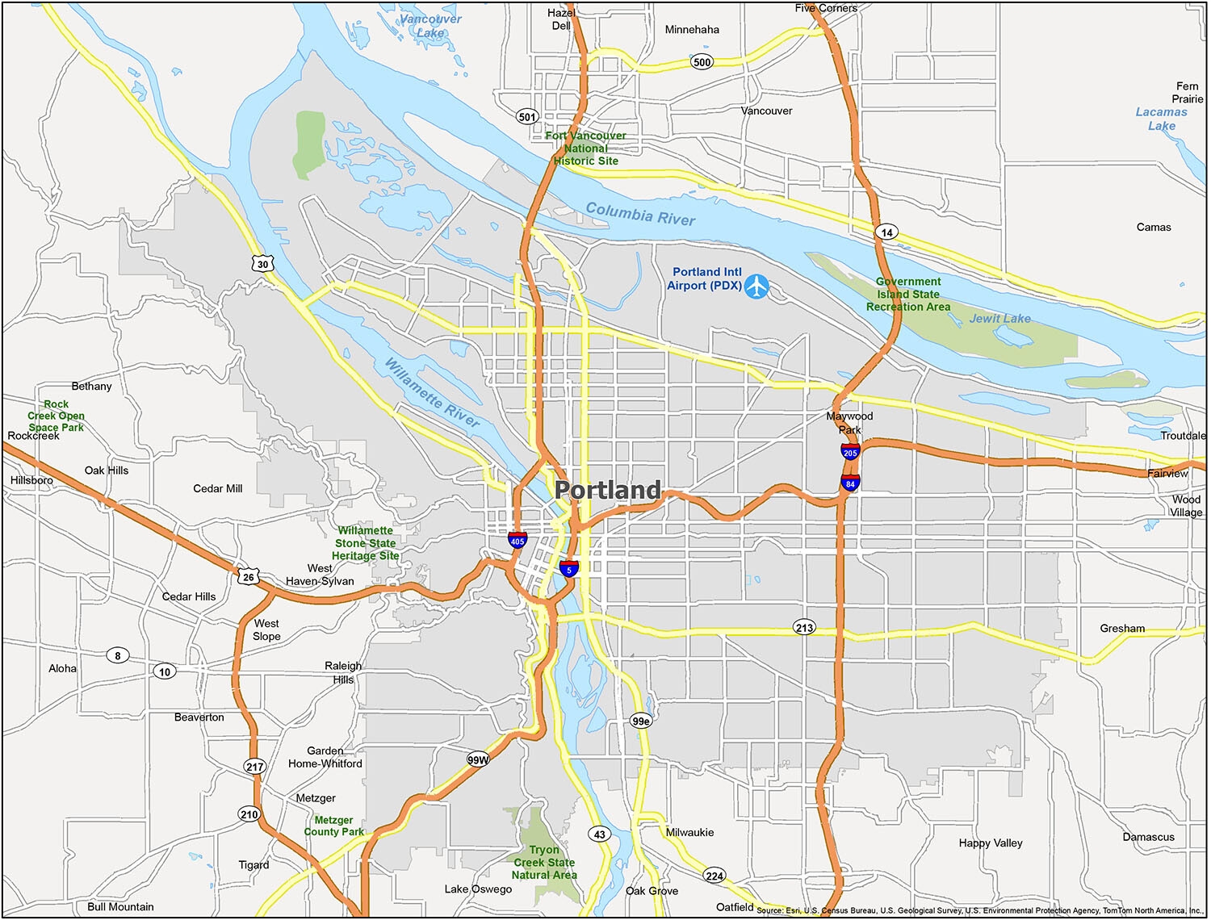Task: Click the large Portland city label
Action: tap(607, 490)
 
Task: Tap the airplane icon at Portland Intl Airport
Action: tap(756, 286)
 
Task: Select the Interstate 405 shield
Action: tap(518, 540)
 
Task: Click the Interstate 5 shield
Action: tap(569, 568)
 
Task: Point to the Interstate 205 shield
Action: tap(850, 452)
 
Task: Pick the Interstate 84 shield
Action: tap(850, 483)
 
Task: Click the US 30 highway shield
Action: tap(262, 264)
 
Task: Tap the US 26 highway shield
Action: tap(248, 576)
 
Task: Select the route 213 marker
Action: tap(804, 627)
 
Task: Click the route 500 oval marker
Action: tap(702, 62)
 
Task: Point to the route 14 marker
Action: tap(886, 232)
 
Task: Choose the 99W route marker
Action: tap(478, 759)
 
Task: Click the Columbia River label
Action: tap(640, 214)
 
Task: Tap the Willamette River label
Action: tap(431, 392)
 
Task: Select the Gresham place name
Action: tap(1122, 628)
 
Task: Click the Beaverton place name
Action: tap(199, 717)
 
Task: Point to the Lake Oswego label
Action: tap(478, 889)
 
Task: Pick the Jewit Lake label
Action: tap(999, 319)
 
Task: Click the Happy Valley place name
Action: tap(991, 843)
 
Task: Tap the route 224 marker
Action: tap(714, 876)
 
